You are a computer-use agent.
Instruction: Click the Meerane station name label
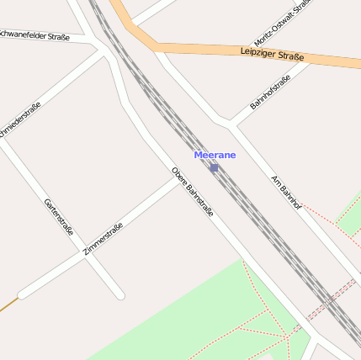(x=215, y=155)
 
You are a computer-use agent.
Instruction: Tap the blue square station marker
(x=214, y=167)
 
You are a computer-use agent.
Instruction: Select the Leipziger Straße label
(x=271, y=54)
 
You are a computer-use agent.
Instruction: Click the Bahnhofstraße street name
(x=270, y=93)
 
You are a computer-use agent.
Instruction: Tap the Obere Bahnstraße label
(x=192, y=192)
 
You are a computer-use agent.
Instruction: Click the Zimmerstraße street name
(x=104, y=239)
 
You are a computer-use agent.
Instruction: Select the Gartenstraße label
(x=58, y=217)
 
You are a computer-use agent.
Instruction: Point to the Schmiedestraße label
(x=21, y=122)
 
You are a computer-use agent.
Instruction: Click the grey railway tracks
(x=252, y=210)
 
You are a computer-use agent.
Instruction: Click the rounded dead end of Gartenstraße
(x=119, y=295)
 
